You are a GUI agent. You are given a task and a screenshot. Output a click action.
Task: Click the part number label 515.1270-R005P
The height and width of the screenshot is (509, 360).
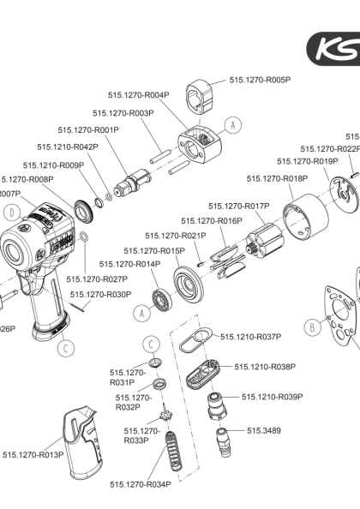(x=260, y=80)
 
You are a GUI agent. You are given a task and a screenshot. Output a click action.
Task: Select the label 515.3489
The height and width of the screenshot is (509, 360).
(x=265, y=429)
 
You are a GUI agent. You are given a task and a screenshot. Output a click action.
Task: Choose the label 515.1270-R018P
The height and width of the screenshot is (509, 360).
(x=277, y=178)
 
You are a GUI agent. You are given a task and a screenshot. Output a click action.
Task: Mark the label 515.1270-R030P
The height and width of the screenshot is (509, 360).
(x=100, y=294)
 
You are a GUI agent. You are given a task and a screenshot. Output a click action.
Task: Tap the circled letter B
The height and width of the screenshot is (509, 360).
(x=313, y=326)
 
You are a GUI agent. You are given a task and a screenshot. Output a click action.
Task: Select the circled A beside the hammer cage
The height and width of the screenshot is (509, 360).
(x=231, y=124)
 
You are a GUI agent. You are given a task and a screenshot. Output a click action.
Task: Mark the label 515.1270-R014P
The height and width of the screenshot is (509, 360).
(x=129, y=264)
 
